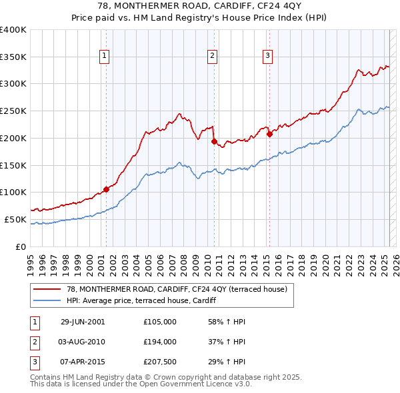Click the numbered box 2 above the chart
212,57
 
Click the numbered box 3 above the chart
267,57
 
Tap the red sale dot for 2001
107,189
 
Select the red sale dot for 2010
214,141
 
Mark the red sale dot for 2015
270,134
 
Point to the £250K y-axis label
13,111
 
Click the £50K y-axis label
15,219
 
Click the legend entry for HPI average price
141,300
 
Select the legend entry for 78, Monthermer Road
176,289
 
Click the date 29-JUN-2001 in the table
83,322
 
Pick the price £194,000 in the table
159,342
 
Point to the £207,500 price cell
159,362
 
